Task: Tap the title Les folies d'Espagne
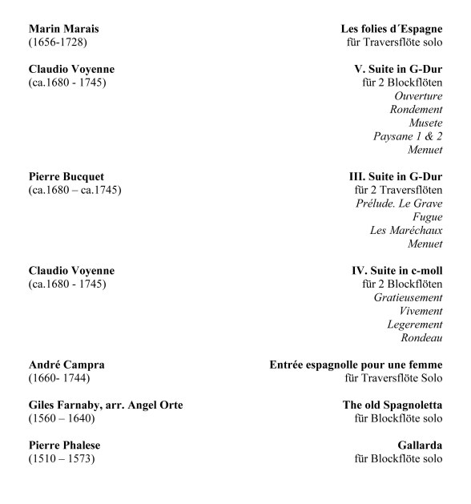391,29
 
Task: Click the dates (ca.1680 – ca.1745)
74,190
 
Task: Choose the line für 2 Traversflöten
397,190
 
